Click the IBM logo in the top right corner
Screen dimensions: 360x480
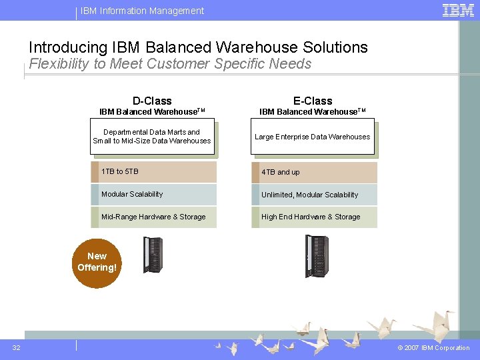click(x=458, y=10)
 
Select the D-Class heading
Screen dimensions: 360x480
click(x=152, y=101)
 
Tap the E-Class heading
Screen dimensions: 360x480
click(x=313, y=101)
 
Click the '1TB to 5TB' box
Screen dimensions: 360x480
click(x=154, y=172)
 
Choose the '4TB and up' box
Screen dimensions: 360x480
click(x=314, y=172)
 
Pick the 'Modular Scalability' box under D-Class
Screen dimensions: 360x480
click(x=154, y=195)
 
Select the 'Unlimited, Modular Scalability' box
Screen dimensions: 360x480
click(x=314, y=195)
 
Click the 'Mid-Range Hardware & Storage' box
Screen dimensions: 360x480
click(x=154, y=217)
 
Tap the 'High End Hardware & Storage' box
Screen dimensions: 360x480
click(x=314, y=217)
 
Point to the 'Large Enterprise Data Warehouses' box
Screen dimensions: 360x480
click(x=312, y=137)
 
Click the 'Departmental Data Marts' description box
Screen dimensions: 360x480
click(x=152, y=137)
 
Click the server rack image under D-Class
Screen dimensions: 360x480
click(x=153, y=255)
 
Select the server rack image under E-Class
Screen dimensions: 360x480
click(x=316, y=257)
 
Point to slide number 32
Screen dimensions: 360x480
click(x=16, y=347)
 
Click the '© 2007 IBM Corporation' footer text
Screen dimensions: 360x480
click(x=433, y=348)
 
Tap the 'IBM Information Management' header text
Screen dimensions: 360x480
click(x=143, y=11)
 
